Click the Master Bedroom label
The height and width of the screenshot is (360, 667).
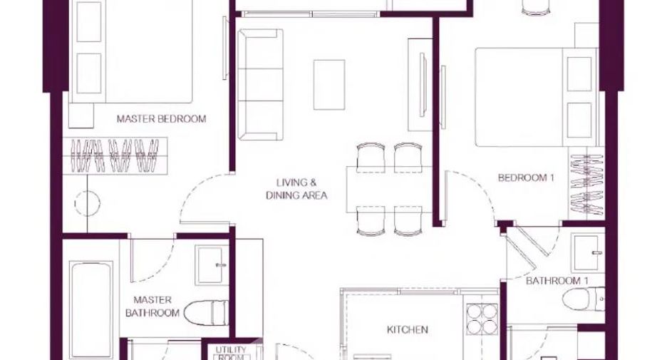(161, 119)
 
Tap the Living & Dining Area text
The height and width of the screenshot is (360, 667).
(296, 189)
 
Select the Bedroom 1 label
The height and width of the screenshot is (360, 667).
(526, 178)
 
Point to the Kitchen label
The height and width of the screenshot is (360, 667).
(407, 329)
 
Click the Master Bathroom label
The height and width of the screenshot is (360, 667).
(152, 307)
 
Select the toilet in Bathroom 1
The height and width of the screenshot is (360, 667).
(583, 299)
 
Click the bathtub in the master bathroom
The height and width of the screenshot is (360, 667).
(91, 310)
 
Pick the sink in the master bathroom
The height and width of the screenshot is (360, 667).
(212, 264)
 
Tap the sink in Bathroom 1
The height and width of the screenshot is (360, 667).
(589, 253)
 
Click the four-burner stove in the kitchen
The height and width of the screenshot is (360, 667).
(482, 319)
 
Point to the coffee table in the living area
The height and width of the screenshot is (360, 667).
(329, 85)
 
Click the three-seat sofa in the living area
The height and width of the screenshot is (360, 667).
(260, 84)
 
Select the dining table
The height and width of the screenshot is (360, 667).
(390, 190)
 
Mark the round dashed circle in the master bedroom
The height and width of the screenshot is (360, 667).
(88, 203)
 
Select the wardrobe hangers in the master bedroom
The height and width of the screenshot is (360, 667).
(115, 156)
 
